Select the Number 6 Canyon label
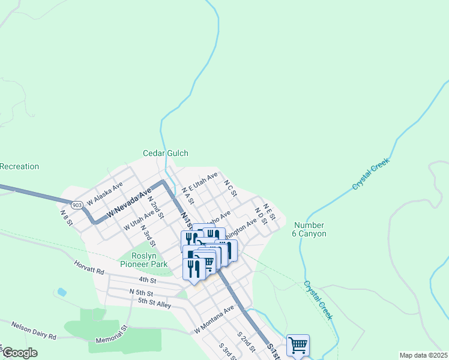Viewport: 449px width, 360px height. pos(310,229)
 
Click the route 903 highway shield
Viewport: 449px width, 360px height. pos(76,205)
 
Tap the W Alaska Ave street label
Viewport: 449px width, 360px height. pos(104,193)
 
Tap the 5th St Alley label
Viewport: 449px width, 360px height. pos(154,304)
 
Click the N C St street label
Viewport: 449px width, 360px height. pos(231,187)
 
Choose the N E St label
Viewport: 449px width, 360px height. pos(268,211)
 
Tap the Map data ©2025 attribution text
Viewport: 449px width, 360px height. pos(423,355)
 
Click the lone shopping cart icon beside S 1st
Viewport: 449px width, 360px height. pos(298,345)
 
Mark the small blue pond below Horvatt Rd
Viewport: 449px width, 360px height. pos(62,292)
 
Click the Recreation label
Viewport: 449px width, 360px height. pos(19,166)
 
